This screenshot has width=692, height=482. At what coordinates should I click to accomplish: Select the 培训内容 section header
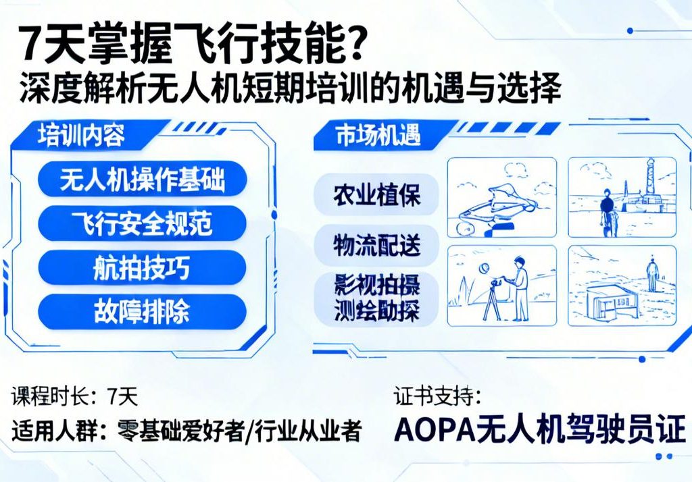[x=81, y=136]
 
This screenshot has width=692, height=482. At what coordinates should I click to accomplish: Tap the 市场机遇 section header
[x=369, y=136]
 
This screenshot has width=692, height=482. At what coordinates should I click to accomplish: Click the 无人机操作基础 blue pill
[x=142, y=180]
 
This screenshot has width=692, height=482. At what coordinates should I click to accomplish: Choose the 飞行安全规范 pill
[x=142, y=223]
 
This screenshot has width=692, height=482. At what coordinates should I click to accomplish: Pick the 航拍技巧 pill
[x=142, y=267]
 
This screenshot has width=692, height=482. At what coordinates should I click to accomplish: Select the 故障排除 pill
[x=142, y=311]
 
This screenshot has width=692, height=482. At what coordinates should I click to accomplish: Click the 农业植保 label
[x=376, y=195]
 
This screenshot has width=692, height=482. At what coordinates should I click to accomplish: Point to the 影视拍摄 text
[x=376, y=284]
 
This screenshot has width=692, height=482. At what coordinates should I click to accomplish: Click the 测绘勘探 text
[x=376, y=311]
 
